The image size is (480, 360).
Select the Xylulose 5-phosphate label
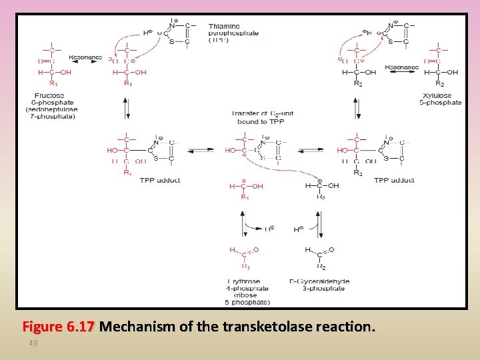439,99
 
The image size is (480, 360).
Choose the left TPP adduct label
159,180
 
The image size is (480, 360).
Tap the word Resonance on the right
402,67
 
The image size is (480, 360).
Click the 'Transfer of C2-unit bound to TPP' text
263,117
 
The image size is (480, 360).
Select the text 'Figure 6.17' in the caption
59,327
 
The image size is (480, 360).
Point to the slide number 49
33,343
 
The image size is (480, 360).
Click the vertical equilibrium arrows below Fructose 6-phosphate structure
126,108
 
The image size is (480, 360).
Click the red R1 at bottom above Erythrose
246,266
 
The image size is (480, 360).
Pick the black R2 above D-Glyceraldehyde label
321,266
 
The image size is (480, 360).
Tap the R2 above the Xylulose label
439,83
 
